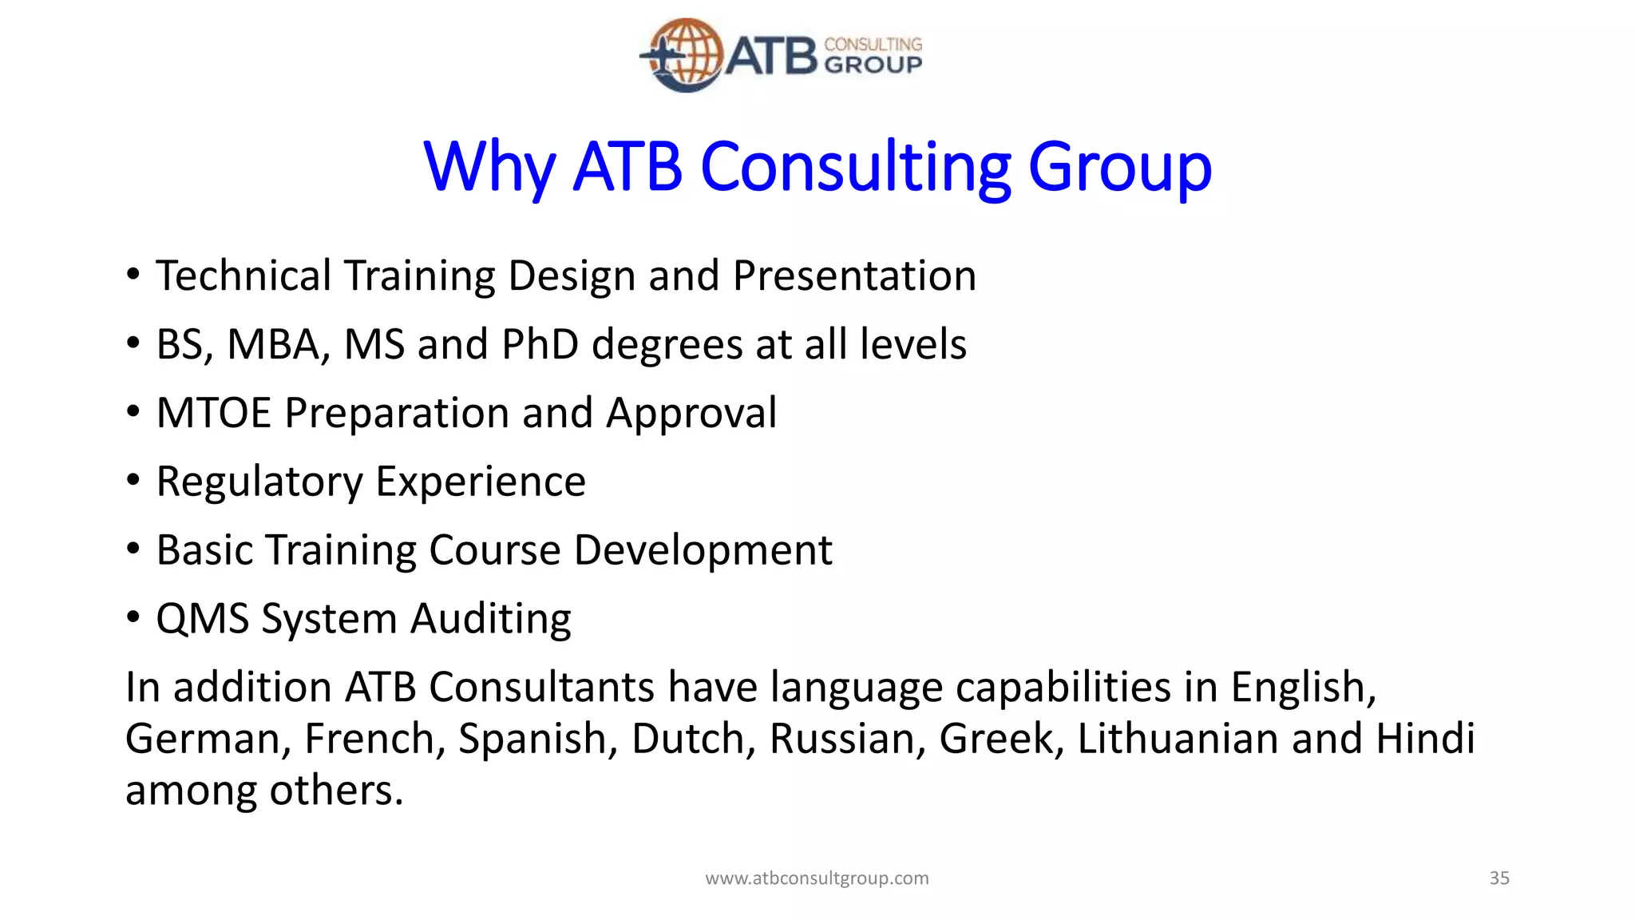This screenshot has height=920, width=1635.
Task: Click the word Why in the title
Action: (x=489, y=168)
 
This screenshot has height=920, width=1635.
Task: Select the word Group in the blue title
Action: (x=1119, y=168)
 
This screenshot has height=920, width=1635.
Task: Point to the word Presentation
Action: (x=854, y=276)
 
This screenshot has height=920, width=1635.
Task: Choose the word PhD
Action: (x=540, y=345)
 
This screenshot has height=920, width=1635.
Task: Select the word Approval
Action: (x=691, y=414)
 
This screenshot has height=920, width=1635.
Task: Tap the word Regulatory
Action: (x=259, y=482)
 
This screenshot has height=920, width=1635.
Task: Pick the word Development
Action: (x=703, y=551)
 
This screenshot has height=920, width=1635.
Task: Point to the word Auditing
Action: (x=491, y=620)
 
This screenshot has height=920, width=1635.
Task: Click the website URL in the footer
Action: (x=817, y=878)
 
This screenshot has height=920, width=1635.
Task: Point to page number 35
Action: (x=1499, y=878)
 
